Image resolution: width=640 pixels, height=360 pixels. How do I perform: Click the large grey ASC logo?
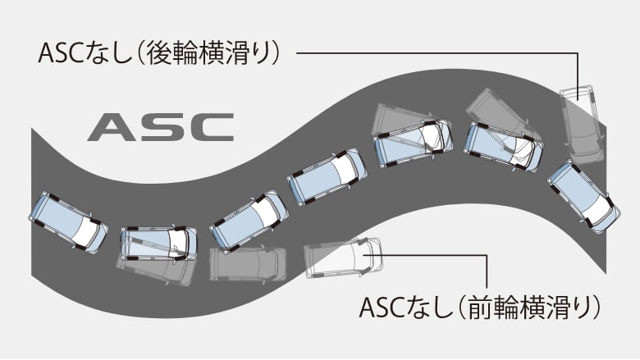pyautogui.click(x=160, y=127)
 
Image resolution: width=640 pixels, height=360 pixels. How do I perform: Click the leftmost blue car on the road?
pyautogui.click(x=68, y=221)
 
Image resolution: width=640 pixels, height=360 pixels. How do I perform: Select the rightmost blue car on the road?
pyautogui.click(x=583, y=196)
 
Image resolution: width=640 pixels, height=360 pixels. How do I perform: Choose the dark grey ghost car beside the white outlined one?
pyautogui.click(x=248, y=263)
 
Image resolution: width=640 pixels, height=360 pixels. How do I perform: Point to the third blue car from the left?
pyautogui.click(x=249, y=220)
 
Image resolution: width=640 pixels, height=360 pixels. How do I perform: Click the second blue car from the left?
pyautogui.click(x=158, y=244)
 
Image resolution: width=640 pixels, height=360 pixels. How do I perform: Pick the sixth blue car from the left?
pyautogui.click(x=503, y=147)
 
